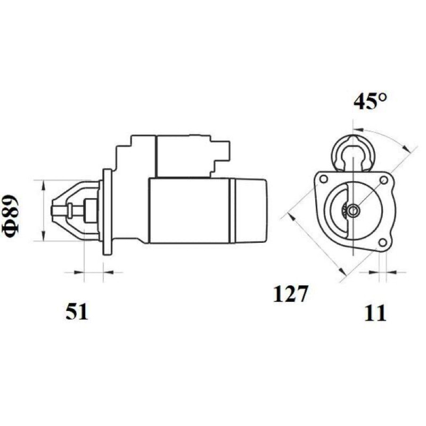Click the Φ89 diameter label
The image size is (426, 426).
(11, 217)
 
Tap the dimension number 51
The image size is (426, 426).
(77, 312)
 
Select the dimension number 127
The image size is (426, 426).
(291, 294)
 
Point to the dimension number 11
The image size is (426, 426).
(375, 313)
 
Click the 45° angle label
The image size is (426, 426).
(370, 101)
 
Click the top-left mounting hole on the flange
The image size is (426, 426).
(324, 179)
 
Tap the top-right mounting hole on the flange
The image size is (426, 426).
(384, 180)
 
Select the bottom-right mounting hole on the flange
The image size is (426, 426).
(383, 243)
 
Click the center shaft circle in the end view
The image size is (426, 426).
(353, 210)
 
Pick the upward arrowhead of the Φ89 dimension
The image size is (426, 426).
(43, 185)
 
